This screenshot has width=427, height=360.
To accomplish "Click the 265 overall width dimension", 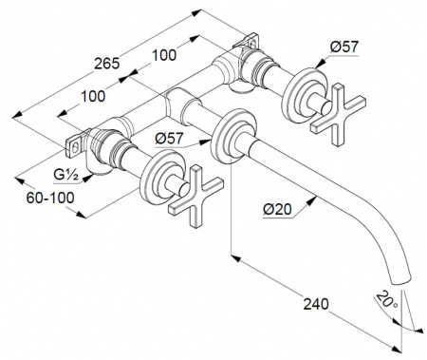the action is (x=107, y=64).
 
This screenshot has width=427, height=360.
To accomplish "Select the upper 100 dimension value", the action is (x=164, y=55).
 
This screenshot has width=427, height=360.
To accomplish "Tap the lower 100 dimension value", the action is (x=93, y=96).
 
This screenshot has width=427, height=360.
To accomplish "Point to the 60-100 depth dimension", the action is (x=50, y=199).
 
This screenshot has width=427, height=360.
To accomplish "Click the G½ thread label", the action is (x=65, y=175).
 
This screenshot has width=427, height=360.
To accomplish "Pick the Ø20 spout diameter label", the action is (x=277, y=209).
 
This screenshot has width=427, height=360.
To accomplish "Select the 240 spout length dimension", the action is (x=316, y=304).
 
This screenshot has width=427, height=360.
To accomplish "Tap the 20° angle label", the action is (x=387, y=301).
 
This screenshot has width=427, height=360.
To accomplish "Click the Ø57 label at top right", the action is (x=344, y=47).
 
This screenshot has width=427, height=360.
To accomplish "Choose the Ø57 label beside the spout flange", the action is (x=169, y=139).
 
